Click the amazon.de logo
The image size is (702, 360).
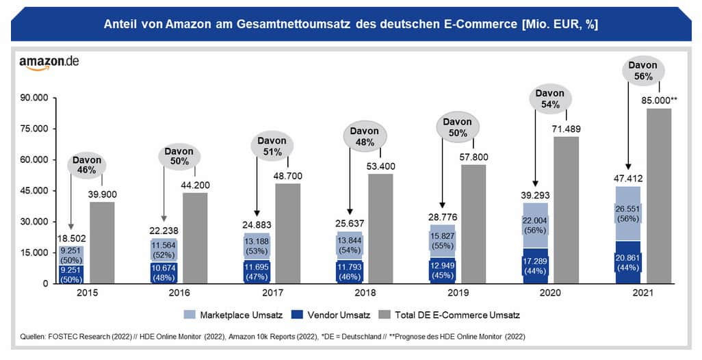(49, 61)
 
